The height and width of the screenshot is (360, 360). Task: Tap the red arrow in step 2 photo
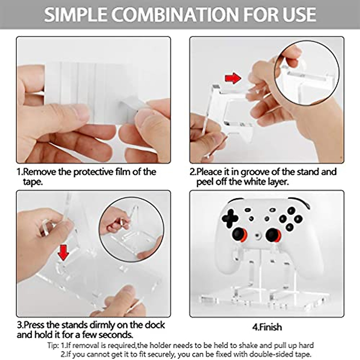(x=233, y=78)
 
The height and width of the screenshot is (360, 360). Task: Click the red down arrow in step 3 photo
(x=63, y=252)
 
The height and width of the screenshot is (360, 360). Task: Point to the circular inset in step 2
(x=307, y=73)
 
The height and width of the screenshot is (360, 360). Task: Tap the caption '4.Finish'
(x=267, y=327)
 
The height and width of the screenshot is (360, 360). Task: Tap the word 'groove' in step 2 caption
(x=255, y=172)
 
